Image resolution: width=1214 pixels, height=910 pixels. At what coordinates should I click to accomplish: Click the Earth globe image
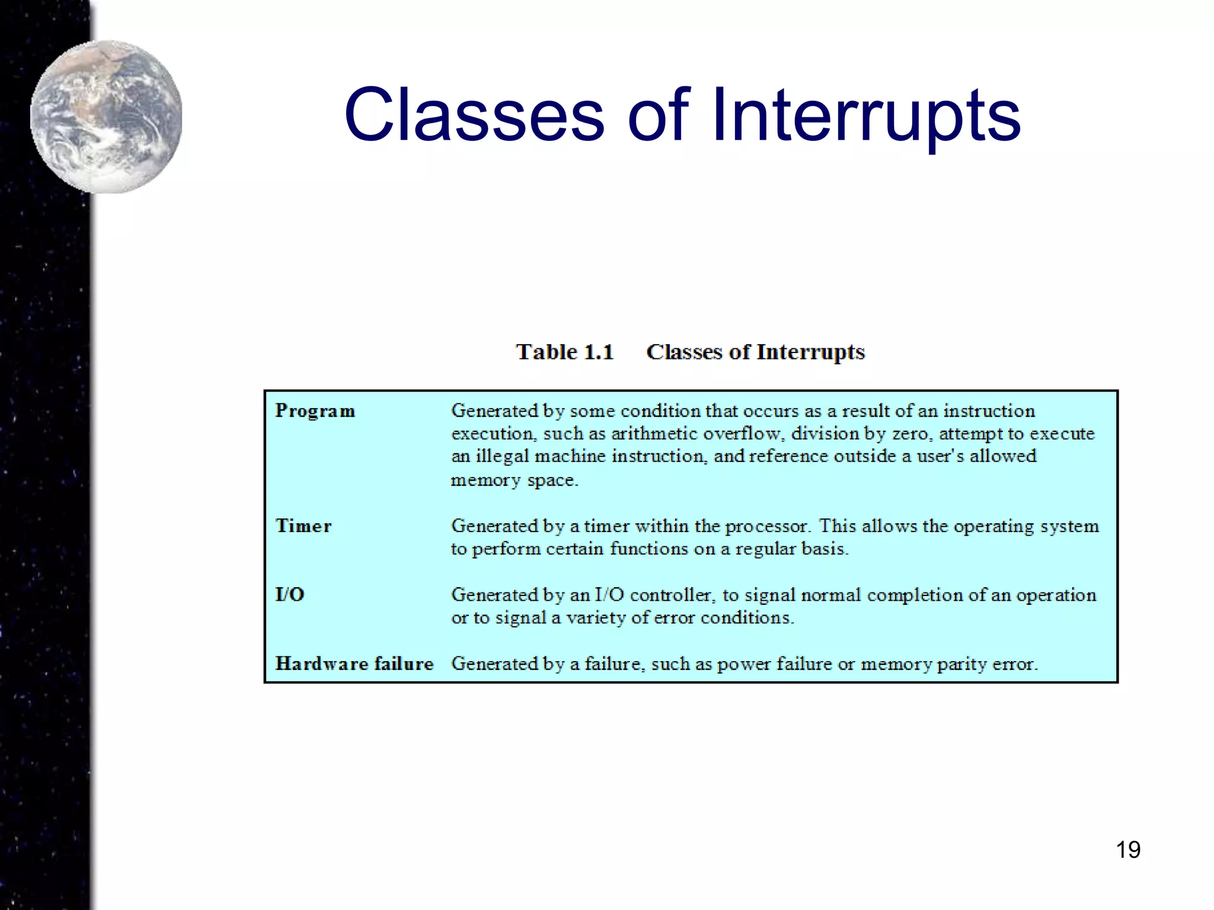point(106,117)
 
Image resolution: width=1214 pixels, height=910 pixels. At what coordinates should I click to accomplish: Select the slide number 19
point(1127,850)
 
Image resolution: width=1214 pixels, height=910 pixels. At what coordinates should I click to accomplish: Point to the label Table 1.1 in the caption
point(564,352)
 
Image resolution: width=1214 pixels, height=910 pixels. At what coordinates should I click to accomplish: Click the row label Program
point(315,411)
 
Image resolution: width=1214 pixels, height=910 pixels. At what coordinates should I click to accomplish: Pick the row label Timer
point(303,526)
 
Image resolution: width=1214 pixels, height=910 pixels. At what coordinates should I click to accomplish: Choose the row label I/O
point(289,594)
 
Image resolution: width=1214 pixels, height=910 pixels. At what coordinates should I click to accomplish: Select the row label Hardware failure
point(354,664)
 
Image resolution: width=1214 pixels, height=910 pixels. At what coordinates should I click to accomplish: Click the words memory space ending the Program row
point(514,480)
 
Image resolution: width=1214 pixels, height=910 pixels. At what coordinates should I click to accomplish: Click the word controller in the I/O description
point(672,595)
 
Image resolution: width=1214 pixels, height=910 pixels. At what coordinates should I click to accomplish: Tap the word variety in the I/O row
point(595,618)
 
